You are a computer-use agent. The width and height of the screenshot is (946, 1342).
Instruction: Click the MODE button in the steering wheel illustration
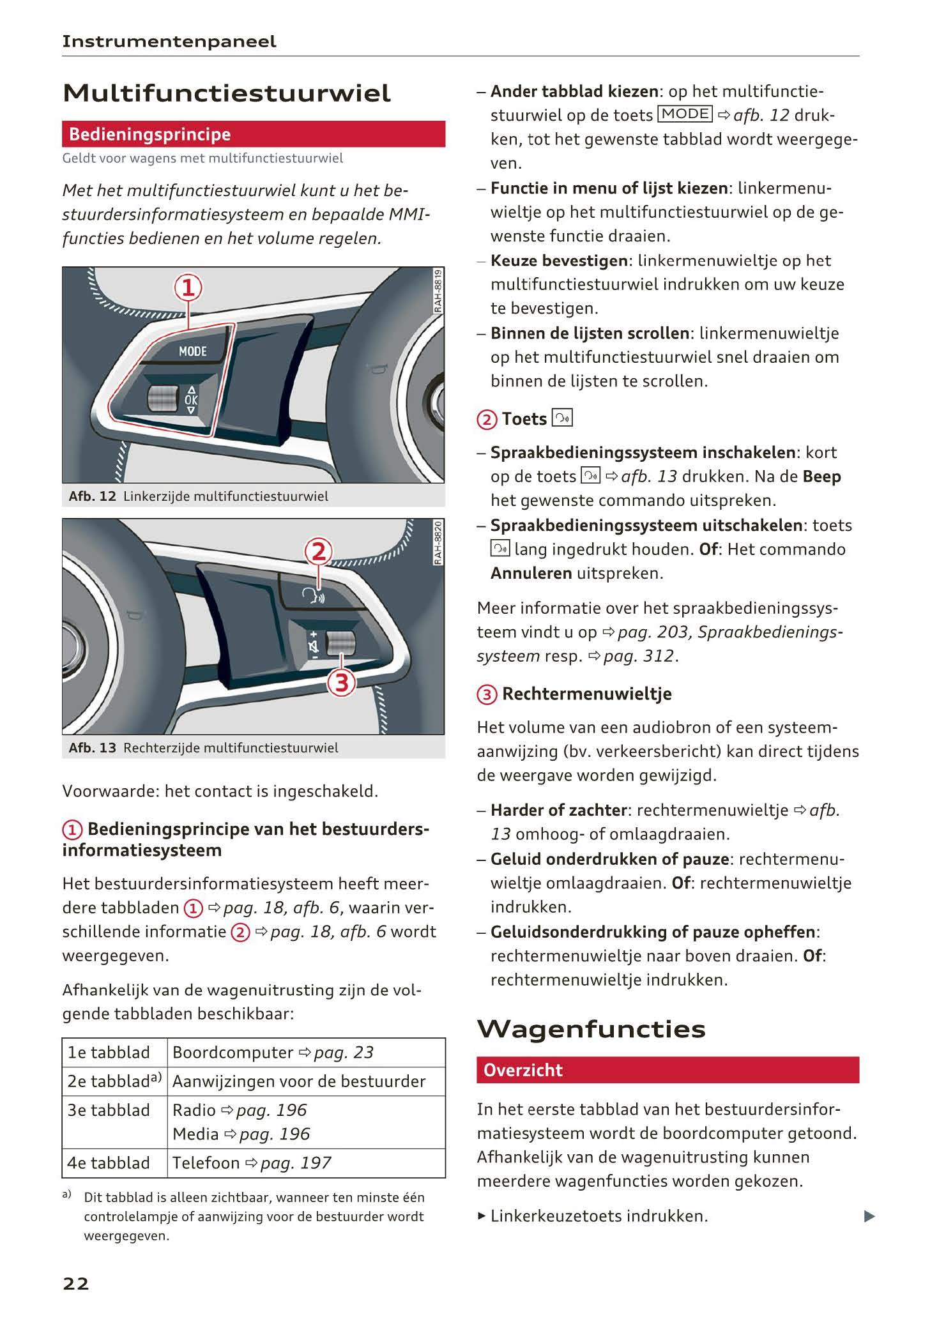(192, 351)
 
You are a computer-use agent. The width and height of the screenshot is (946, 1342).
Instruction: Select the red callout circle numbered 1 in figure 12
(188, 288)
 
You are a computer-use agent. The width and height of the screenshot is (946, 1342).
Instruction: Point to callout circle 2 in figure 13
(318, 551)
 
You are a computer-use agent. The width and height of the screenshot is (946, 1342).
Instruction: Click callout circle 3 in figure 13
(341, 683)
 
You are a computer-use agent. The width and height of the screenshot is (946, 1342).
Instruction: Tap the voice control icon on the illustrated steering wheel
(313, 596)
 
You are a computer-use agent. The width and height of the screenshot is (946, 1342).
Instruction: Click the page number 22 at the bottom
(75, 1283)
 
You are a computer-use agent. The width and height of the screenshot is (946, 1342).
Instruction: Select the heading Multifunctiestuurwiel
(227, 94)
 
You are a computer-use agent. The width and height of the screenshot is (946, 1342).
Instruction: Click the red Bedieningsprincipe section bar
(253, 135)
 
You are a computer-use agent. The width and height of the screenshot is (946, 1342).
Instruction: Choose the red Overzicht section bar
(667, 1070)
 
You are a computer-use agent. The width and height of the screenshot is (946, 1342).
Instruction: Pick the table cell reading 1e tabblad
(109, 1052)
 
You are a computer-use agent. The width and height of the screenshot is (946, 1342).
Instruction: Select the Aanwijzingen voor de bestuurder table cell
(299, 1081)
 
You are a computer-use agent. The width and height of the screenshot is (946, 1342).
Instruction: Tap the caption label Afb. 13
(92, 747)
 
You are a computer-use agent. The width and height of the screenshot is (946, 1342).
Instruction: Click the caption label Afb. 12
(92, 496)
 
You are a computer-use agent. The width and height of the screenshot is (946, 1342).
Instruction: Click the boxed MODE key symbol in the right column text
(685, 114)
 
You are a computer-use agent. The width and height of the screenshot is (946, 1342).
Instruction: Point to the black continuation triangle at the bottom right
(869, 1216)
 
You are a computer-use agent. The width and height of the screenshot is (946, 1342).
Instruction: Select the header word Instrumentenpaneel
(169, 42)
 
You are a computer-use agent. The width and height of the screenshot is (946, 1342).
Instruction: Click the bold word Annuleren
(531, 573)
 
